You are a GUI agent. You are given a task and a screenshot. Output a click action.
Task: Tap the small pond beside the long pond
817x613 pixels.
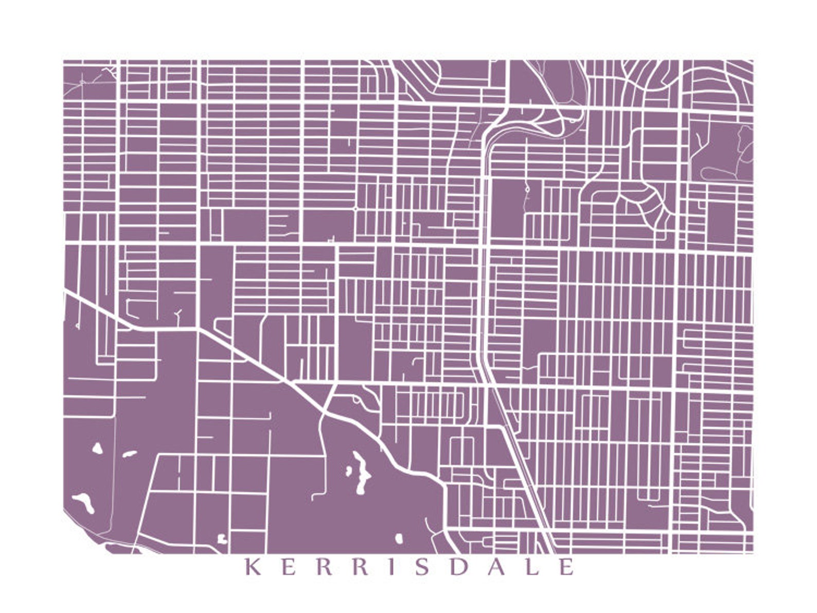tap(349, 470)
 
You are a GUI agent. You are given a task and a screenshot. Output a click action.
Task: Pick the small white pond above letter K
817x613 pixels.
tap(222, 538)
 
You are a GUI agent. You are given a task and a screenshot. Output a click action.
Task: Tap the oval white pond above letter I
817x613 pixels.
tap(399, 538)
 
